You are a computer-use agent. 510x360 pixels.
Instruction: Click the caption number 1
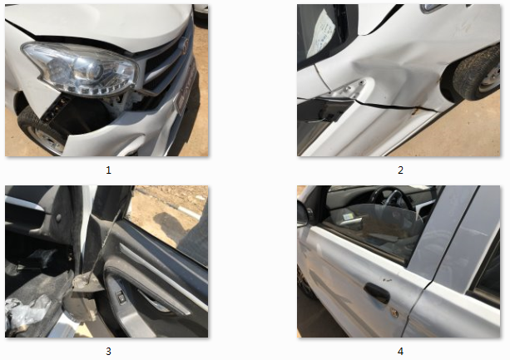(x=109, y=170)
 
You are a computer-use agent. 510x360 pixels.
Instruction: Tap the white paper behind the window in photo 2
(x=321, y=32)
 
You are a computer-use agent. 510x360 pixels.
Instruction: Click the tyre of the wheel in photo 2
(x=477, y=74)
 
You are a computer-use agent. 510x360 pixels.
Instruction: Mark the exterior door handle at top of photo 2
(x=433, y=7)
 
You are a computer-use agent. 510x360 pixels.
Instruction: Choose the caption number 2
(x=400, y=170)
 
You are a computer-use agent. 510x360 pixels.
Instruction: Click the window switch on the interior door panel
(x=121, y=298)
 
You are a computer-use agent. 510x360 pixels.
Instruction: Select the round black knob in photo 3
(x=58, y=217)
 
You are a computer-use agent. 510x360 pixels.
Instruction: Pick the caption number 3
(x=109, y=351)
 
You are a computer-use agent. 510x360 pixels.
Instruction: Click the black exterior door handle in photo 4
(x=377, y=293)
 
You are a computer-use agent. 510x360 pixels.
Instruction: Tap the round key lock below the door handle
(x=394, y=313)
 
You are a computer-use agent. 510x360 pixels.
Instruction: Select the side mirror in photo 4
(x=303, y=214)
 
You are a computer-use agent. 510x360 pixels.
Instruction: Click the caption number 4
(x=400, y=351)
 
